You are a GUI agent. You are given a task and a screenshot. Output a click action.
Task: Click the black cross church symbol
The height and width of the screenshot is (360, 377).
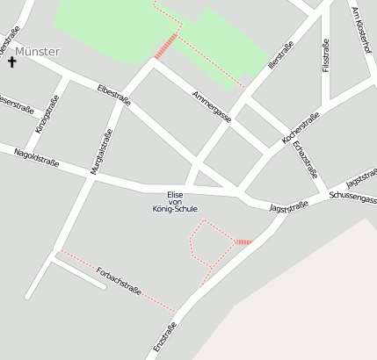(12, 61)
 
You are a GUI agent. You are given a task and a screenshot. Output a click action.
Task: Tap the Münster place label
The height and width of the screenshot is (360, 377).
(38, 52)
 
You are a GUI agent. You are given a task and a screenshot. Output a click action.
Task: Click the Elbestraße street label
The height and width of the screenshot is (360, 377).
(114, 95)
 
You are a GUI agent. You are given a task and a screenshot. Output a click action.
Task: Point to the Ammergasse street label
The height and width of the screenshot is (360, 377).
(212, 105)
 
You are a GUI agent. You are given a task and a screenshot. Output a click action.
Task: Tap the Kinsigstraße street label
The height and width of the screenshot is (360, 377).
(44, 116)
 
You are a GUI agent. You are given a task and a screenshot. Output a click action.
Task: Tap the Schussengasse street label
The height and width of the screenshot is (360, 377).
(352, 198)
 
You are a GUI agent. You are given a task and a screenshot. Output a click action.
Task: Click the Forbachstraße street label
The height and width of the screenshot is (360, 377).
(120, 279)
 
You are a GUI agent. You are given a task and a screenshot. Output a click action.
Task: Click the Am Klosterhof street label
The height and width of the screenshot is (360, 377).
(361, 31)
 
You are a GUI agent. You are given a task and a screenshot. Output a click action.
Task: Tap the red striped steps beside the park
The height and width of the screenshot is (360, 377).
(165, 47)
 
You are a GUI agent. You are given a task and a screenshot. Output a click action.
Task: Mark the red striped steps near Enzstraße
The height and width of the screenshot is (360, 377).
(243, 242)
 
